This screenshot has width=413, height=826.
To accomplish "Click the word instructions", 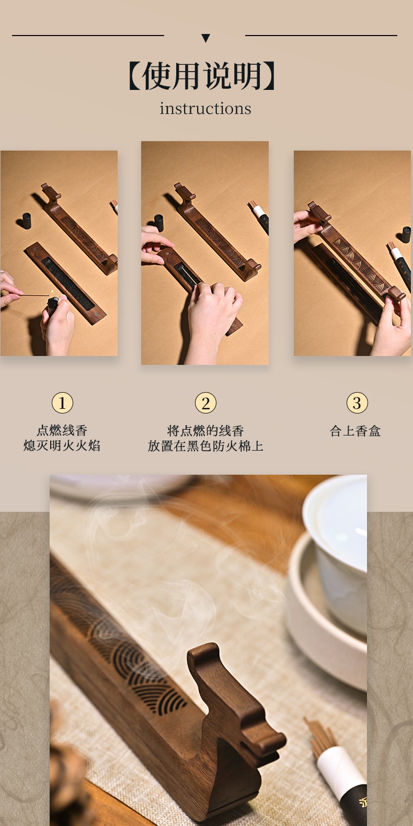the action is pos(205,108).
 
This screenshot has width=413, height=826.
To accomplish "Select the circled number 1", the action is pos(62,403).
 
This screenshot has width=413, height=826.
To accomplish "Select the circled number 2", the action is pos(205,403).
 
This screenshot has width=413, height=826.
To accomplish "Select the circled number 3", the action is pos(357,403).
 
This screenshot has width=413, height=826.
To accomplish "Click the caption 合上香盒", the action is pos(355,431).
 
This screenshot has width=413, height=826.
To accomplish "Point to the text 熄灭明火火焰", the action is pos(62,445).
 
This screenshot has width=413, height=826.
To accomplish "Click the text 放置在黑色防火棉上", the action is pos(205,446).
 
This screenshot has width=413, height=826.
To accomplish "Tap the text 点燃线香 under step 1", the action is pos(62,430).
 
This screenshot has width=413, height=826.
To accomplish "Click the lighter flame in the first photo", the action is pos(52,293).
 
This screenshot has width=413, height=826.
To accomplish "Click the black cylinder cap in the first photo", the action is pos(27,221).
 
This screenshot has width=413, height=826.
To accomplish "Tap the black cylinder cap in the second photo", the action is pos(158,223).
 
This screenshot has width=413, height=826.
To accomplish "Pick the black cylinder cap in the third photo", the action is pos(406,235).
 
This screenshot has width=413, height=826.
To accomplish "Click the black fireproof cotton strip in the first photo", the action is pos(67,283).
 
